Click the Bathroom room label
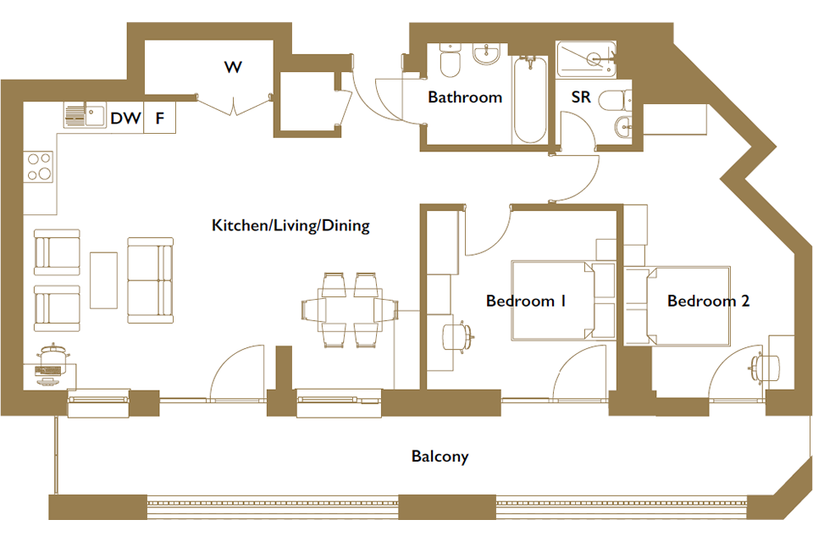[x=465, y=97]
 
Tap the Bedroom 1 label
[x=526, y=301]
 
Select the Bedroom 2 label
[x=708, y=301]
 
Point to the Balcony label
[x=440, y=456]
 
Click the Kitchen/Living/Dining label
[x=290, y=225]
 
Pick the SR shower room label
[x=581, y=97]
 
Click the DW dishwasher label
[x=125, y=119]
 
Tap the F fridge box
[x=160, y=118]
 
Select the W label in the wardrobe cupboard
[x=234, y=67]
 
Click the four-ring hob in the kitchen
[x=40, y=166]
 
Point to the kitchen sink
[x=85, y=114]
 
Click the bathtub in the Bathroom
[x=530, y=100]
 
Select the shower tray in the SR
[x=586, y=59]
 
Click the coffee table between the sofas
[x=103, y=280]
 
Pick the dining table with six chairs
[x=350, y=310]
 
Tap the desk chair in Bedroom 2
[x=764, y=368]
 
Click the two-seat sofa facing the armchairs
[x=150, y=280]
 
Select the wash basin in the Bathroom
[x=486, y=54]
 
